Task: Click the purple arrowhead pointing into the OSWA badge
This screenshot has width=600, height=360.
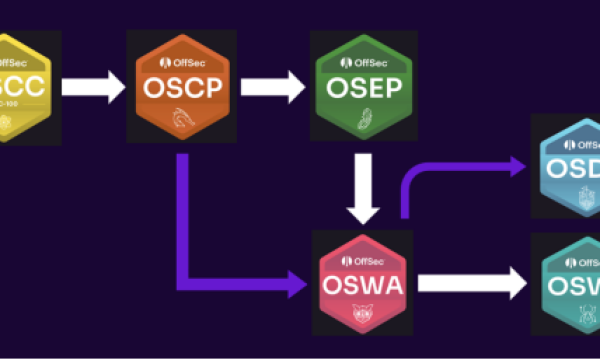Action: click(x=297, y=285)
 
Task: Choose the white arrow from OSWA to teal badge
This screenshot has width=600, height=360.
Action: click(x=470, y=285)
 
